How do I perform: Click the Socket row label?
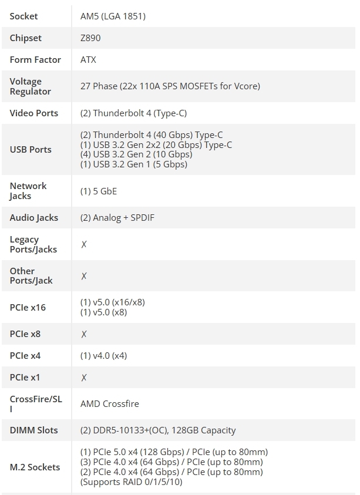[23, 16]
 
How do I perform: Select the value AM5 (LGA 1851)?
[113, 16]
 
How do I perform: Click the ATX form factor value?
[88, 60]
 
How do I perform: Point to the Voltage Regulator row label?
[30, 86]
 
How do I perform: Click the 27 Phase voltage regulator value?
[170, 86]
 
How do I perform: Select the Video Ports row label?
[34, 113]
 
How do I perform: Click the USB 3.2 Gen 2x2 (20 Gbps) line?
[156, 145]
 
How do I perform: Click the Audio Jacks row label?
[34, 218]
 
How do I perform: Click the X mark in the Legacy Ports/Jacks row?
[84, 244]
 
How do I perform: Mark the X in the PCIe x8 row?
[84, 334]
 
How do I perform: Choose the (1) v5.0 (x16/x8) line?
[112, 302]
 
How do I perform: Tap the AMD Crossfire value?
[109, 404]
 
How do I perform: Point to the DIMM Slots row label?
[33, 430]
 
